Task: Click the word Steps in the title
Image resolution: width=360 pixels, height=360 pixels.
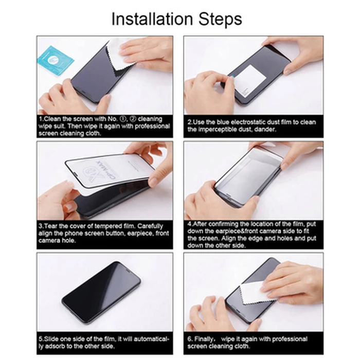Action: point(219,19)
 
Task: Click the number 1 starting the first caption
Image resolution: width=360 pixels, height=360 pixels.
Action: point(41,119)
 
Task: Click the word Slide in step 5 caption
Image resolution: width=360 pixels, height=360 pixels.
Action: point(51,339)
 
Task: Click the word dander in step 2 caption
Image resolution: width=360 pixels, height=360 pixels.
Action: point(266,129)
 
